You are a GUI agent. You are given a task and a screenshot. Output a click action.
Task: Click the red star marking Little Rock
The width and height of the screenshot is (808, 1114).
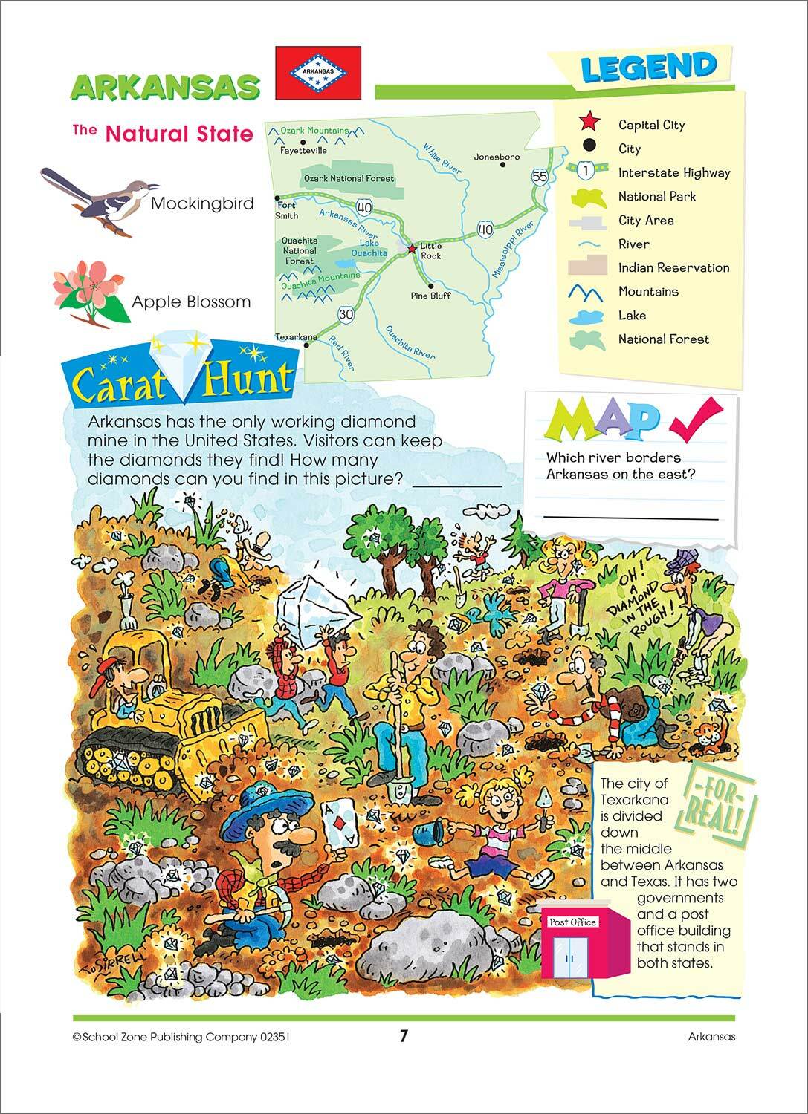coord(412,248)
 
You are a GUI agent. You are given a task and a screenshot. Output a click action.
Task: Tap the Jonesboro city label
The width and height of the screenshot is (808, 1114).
coord(497,157)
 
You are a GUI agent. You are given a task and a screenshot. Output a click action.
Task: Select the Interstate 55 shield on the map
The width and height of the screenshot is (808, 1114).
coord(540,177)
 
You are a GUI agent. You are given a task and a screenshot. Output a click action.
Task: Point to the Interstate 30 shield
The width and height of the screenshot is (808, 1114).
coord(346,315)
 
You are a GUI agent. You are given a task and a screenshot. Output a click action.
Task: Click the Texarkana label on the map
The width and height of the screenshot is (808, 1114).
coord(296,336)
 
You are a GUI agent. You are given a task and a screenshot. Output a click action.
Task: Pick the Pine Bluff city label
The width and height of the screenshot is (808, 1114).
coord(430,295)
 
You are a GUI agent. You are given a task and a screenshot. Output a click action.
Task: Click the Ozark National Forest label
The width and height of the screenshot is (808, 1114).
coord(348,178)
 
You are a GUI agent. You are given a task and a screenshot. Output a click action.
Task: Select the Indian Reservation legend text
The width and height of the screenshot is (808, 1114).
coord(673,267)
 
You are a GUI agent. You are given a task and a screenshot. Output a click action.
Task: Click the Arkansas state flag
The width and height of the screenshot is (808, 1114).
coord(318,73)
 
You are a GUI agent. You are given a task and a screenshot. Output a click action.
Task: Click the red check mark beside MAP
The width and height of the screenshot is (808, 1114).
coord(694,417)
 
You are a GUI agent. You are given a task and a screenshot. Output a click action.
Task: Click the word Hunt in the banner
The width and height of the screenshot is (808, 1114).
coord(248,378)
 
